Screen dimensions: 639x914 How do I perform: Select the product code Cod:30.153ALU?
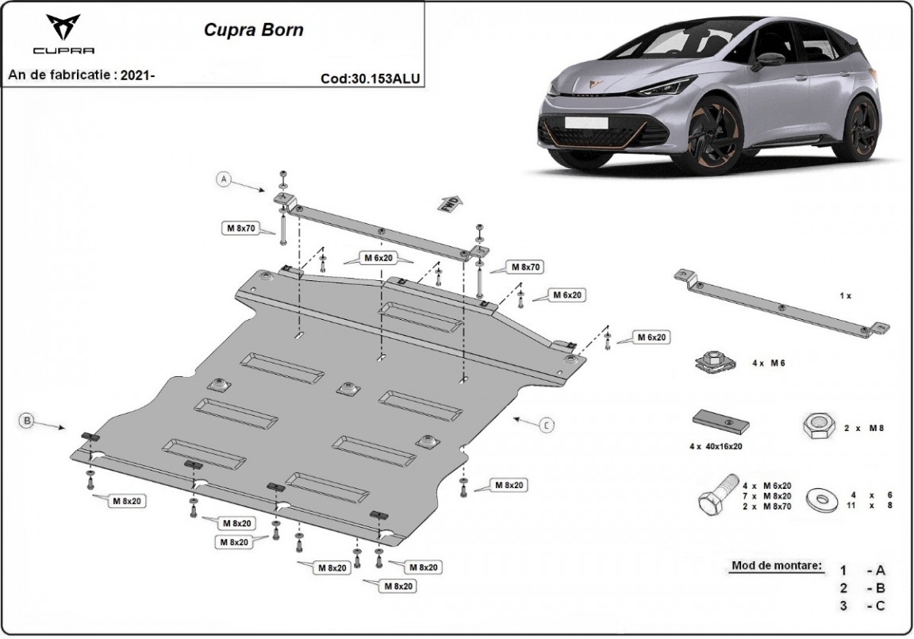click(370, 78)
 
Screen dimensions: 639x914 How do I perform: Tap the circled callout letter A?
click(225, 180)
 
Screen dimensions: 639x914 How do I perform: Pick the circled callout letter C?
click(546, 425)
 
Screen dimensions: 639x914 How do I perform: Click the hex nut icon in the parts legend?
click(816, 427)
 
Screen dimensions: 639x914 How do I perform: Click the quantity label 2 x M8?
click(862, 428)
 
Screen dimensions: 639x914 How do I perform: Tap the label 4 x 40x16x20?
click(716, 447)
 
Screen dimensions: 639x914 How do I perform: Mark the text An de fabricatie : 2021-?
click(82, 75)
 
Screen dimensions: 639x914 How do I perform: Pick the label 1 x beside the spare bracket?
click(844, 295)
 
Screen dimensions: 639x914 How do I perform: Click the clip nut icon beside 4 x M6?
click(715, 362)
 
